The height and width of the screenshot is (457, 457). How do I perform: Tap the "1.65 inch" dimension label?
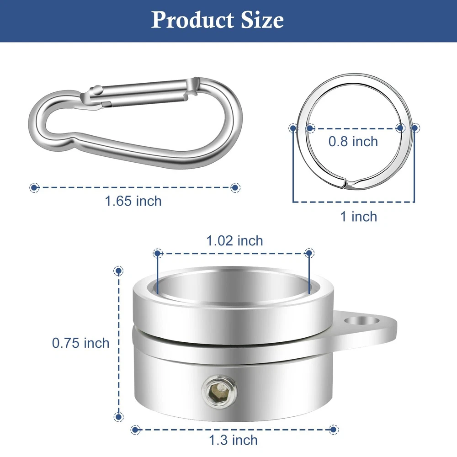click(x=133, y=201)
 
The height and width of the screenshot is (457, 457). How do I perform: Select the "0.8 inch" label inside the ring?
click(x=353, y=142)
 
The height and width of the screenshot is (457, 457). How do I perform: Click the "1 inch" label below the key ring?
click(x=359, y=217)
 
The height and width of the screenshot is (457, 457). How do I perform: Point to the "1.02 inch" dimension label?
click(x=234, y=241)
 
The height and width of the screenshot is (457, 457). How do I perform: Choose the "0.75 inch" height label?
click(x=81, y=343)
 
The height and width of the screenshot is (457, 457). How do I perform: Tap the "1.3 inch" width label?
click(x=234, y=441)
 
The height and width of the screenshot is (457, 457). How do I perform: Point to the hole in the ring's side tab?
click(x=362, y=321)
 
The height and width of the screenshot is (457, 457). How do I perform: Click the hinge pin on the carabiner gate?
click(x=97, y=90)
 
